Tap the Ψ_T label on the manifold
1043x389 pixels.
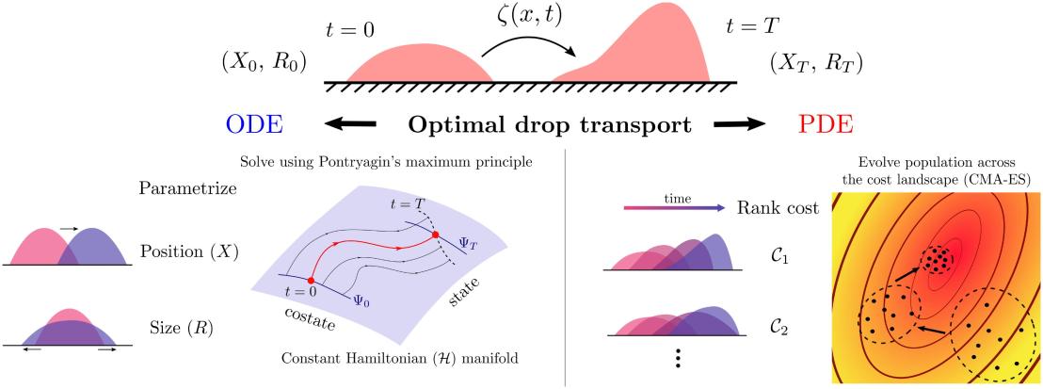[469, 243]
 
